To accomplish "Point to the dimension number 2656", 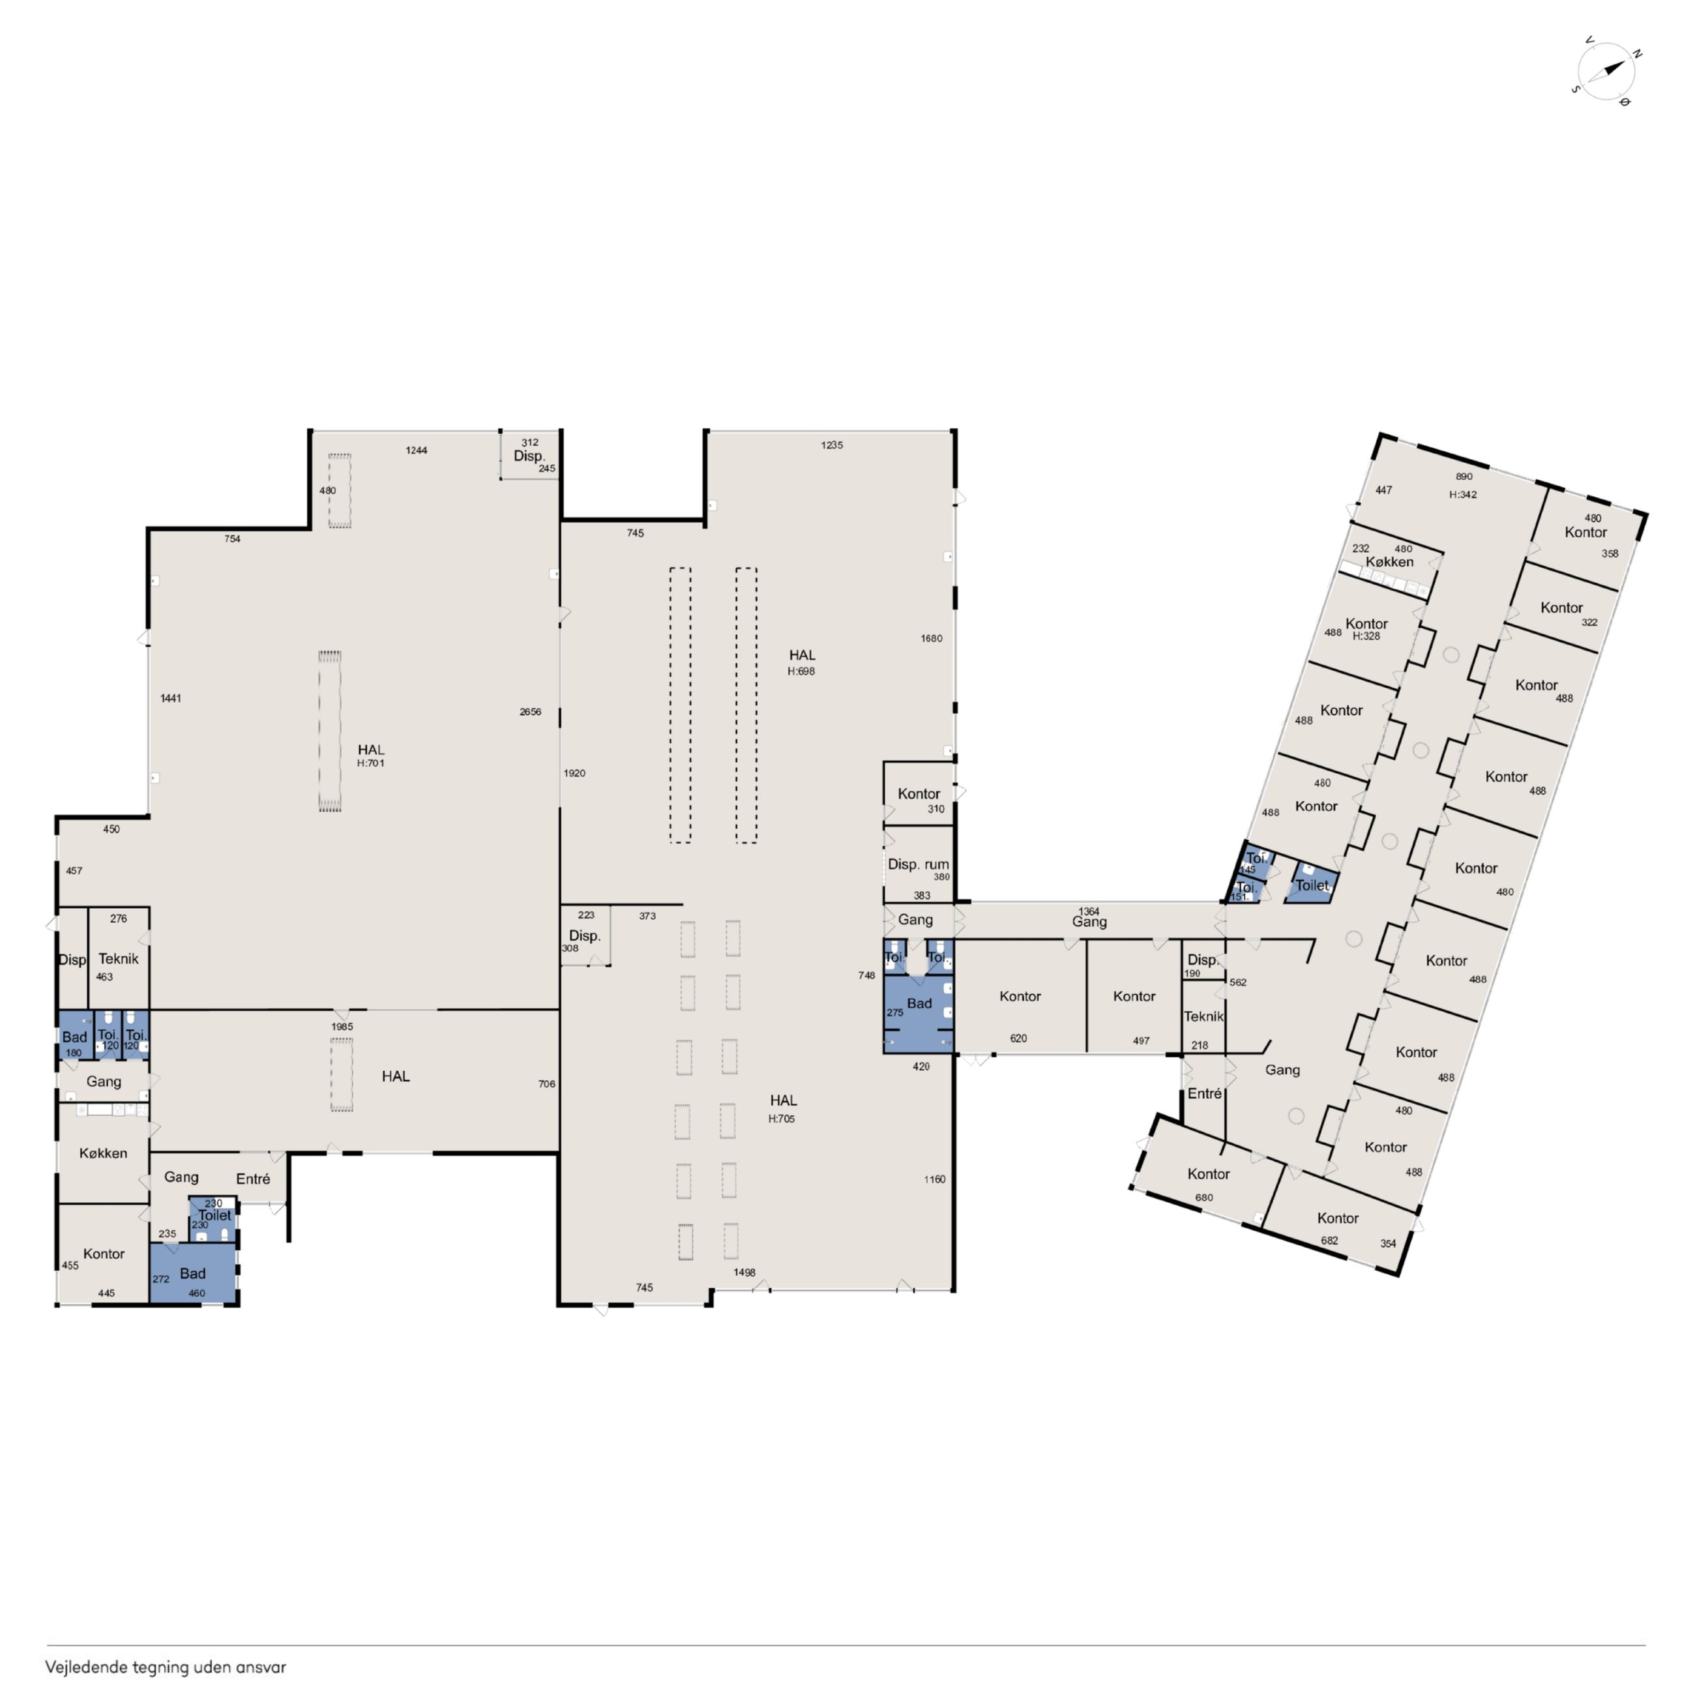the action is pyautogui.click(x=530, y=711).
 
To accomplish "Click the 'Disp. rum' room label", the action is pyautogui.click(x=918, y=864).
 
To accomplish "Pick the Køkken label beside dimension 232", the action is pyautogui.click(x=1390, y=561).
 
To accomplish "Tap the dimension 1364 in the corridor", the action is pyautogui.click(x=1089, y=911).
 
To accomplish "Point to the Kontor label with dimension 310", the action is pyautogui.click(x=919, y=794).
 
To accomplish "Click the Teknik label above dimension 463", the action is pyautogui.click(x=119, y=959).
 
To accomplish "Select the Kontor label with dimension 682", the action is pyautogui.click(x=1338, y=1218).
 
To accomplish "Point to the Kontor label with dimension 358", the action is pyautogui.click(x=1585, y=533).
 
